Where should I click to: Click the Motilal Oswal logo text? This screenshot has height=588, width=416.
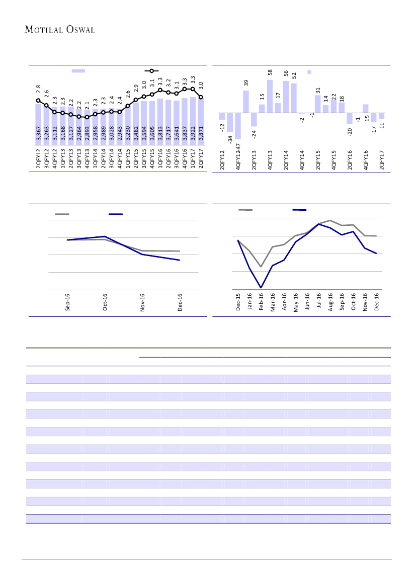tap(60, 29)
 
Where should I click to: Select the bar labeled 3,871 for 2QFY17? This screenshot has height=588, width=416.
tap(201, 123)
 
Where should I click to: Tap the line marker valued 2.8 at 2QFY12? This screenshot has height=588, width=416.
tap(38, 100)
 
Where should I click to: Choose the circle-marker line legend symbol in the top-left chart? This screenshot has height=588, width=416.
tap(152, 71)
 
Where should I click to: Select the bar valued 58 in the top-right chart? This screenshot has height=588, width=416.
tap(270, 96)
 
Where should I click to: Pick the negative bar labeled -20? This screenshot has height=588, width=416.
tap(350, 118)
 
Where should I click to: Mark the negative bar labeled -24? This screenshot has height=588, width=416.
tap(254, 119)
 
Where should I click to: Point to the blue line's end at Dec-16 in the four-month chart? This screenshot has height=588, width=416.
tap(180, 260)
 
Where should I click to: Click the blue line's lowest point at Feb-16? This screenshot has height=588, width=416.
tap(261, 288)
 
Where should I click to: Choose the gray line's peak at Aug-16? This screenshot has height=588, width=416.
tap(330, 220)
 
